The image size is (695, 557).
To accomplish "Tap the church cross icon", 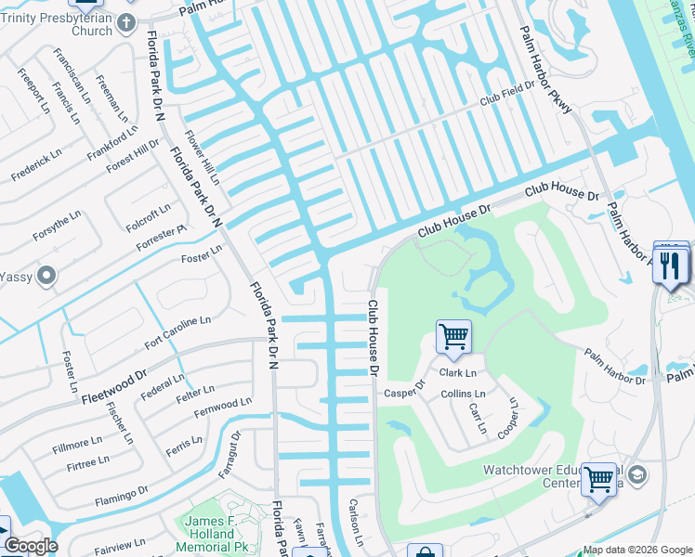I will point(126,20).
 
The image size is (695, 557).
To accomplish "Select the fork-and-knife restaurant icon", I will point(671,266).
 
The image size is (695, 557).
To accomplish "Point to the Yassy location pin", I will point(48,276).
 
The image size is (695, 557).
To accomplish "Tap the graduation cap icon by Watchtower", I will point(637,475).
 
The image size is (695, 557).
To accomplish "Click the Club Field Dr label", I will point(508,94).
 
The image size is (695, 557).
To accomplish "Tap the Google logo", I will point(32,546).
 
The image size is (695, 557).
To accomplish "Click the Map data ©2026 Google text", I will point(637,550).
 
